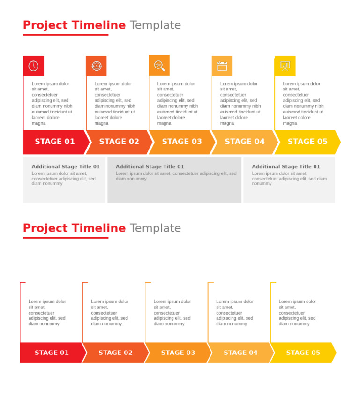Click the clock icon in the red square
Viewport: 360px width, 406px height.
(33, 66)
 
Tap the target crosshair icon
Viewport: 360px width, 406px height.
(96, 66)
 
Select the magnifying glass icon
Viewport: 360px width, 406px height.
(159, 66)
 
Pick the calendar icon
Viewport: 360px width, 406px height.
(222, 66)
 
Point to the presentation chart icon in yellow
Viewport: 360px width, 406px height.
(285, 66)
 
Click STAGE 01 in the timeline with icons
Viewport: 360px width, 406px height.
(55, 142)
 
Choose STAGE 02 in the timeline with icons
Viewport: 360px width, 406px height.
(119, 142)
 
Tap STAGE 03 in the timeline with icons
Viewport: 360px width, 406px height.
(182, 142)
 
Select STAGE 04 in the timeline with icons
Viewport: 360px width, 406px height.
(245, 142)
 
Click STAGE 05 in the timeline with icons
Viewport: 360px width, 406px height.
(307, 142)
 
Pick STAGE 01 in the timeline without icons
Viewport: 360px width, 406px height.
(52, 353)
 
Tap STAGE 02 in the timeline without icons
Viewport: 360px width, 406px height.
(115, 353)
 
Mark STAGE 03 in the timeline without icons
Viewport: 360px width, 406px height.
(178, 353)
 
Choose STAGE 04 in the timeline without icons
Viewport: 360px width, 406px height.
(240, 353)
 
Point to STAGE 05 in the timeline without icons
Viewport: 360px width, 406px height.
(303, 353)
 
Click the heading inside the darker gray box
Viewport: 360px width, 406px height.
(150, 166)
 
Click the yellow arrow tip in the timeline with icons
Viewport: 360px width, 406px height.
(337, 142)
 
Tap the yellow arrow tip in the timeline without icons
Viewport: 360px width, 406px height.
(333, 353)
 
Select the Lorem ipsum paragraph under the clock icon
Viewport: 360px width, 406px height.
(52, 104)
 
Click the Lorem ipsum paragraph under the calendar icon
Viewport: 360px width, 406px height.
(240, 104)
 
